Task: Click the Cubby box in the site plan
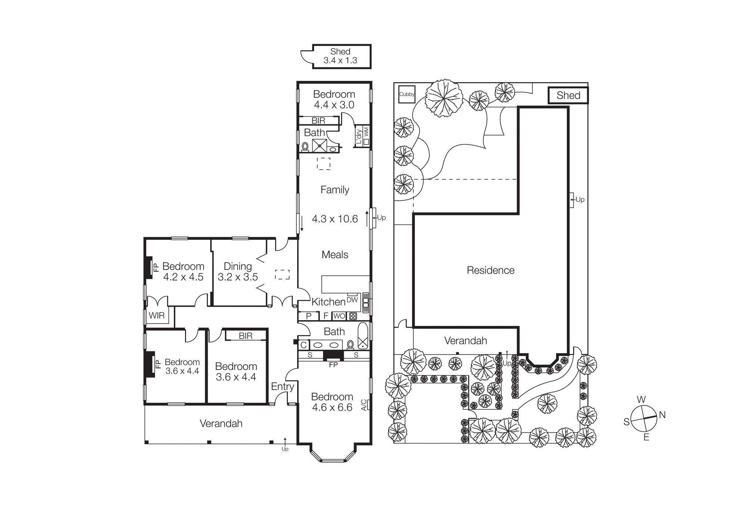[x=407, y=94]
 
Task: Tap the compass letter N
[x=662, y=415]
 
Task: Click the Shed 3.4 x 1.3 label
[x=340, y=56]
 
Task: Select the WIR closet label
[x=157, y=316]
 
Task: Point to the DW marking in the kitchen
[x=352, y=300]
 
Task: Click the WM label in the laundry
[x=366, y=131]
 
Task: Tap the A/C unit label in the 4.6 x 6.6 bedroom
[x=364, y=405]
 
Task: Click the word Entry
[x=282, y=386]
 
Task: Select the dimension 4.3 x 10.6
[x=334, y=219]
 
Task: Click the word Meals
[x=335, y=255]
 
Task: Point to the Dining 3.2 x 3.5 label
[x=238, y=272]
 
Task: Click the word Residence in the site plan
[x=490, y=270]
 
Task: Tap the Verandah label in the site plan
[x=465, y=341]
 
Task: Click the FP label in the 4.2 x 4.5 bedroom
[x=156, y=267]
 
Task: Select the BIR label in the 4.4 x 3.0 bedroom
[x=318, y=121]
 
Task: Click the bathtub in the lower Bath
[x=363, y=336]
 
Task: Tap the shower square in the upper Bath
[x=319, y=145]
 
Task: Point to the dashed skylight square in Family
[x=324, y=164]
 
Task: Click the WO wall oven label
[x=339, y=316]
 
